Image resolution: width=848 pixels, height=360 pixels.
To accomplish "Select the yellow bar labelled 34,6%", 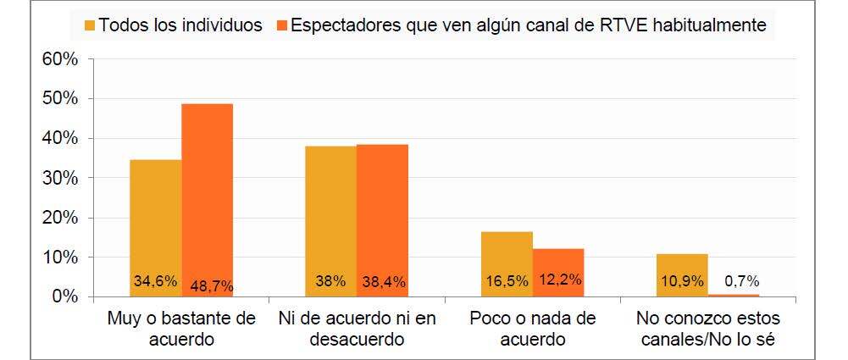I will pos(156,228).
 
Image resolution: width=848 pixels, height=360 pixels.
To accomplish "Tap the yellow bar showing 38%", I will pos(331,221).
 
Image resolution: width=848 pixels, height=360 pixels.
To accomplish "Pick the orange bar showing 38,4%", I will pos(382,220).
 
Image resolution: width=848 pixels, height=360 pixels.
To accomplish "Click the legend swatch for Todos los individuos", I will pos(90,25).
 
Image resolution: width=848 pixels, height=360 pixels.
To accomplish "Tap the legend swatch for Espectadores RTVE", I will pos(281,25).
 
